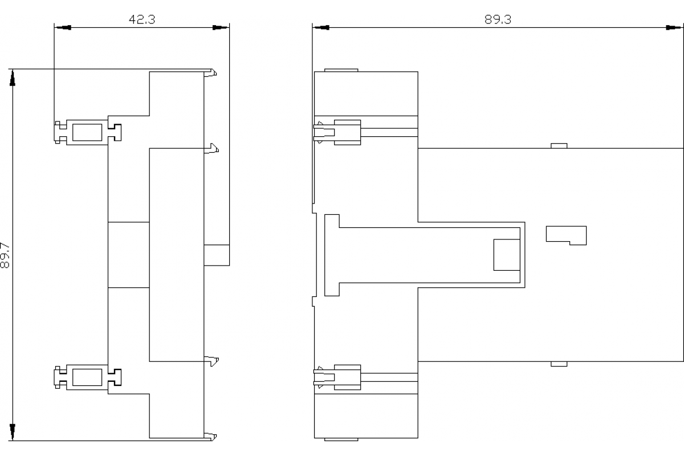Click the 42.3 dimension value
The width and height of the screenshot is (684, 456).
click(x=142, y=19)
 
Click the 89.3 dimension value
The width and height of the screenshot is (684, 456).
click(x=498, y=19)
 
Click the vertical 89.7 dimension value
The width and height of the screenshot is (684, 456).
click(x=5, y=255)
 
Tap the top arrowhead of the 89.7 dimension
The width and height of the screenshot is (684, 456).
click(x=12, y=78)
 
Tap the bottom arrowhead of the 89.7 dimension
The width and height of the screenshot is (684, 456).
click(x=12, y=432)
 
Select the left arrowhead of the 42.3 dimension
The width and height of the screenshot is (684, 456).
click(x=63, y=27)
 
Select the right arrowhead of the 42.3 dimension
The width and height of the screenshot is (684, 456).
click(x=221, y=27)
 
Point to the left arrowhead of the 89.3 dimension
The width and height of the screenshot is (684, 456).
click(x=321, y=27)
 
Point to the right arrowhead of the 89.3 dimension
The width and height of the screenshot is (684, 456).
click(x=673, y=27)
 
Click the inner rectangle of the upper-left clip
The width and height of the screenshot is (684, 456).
click(x=87, y=132)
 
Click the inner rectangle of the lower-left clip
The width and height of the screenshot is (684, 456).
click(x=87, y=377)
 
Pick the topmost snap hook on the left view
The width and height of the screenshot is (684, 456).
click(x=210, y=73)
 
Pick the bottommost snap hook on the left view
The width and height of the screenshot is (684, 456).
click(x=210, y=437)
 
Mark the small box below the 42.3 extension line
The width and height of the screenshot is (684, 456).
click(x=217, y=255)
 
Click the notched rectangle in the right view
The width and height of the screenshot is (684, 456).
click(x=566, y=235)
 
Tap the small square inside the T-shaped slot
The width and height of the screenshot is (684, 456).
click(x=507, y=255)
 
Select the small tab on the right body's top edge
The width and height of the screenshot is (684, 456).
click(x=559, y=146)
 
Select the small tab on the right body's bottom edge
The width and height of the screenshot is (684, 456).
click(x=559, y=364)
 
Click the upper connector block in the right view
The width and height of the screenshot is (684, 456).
click(x=348, y=132)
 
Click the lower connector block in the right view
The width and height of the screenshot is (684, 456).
click(x=348, y=377)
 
